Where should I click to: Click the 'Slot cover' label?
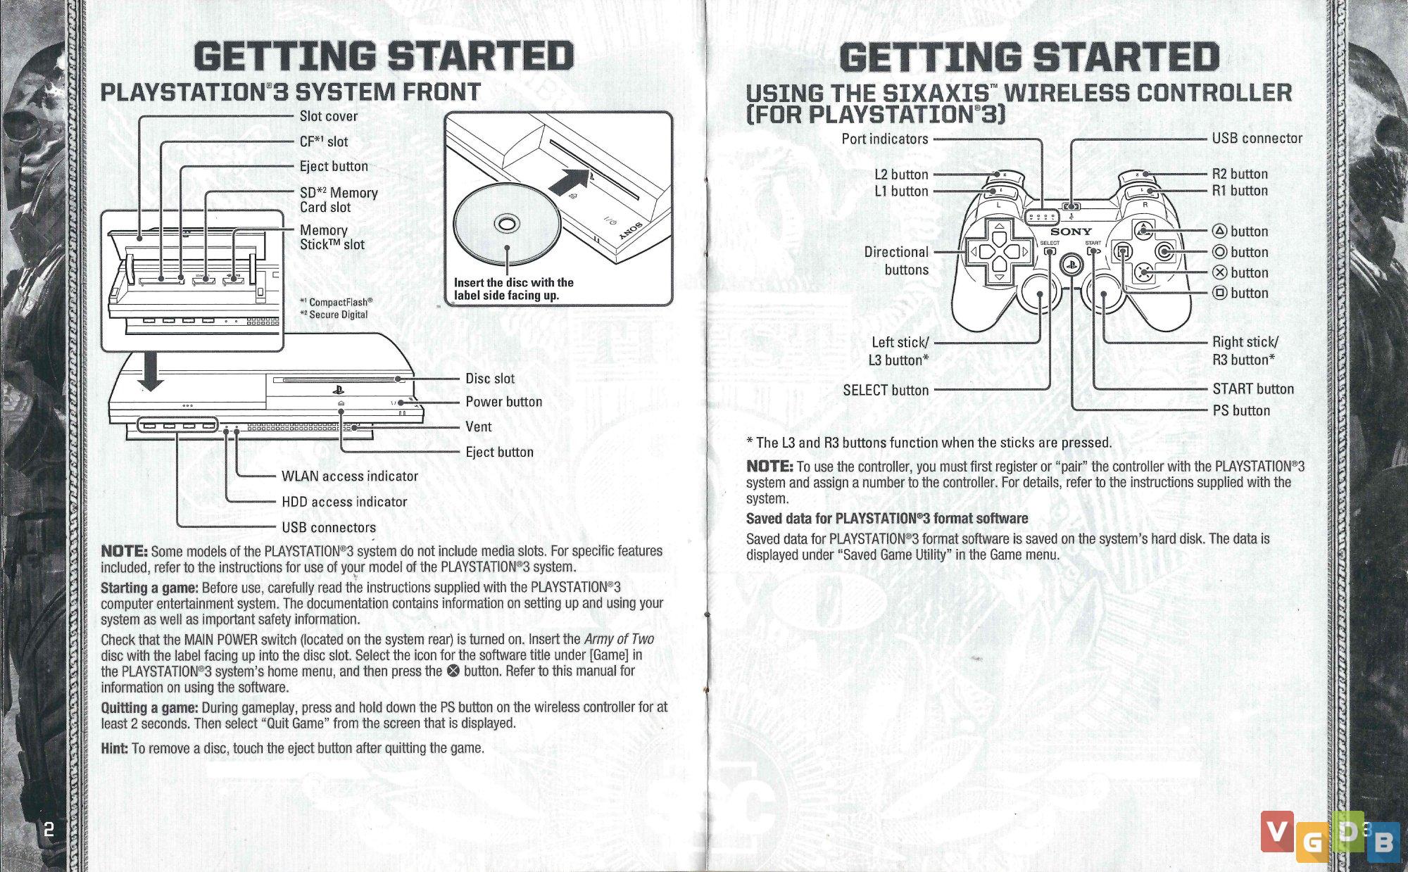click(x=329, y=116)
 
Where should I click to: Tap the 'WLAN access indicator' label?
click(x=350, y=476)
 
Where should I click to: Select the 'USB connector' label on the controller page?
click(x=1257, y=139)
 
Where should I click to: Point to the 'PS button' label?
click(x=1241, y=410)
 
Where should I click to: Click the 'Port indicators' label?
click(x=885, y=139)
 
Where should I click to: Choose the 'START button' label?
click(x=1253, y=389)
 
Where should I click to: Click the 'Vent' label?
click(x=479, y=426)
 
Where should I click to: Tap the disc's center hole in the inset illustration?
click(x=506, y=224)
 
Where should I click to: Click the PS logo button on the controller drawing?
click(x=1070, y=265)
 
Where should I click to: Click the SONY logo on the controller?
click(x=1071, y=232)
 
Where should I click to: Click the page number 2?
click(x=49, y=829)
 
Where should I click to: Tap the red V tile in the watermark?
click(x=1277, y=831)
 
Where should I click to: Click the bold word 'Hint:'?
click(x=115, y=748)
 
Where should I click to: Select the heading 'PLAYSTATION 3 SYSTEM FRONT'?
click(x=291, y=92)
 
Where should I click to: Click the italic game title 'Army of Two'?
click(x=619, y=639)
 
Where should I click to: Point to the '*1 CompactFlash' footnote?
click(x=336, y=302)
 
